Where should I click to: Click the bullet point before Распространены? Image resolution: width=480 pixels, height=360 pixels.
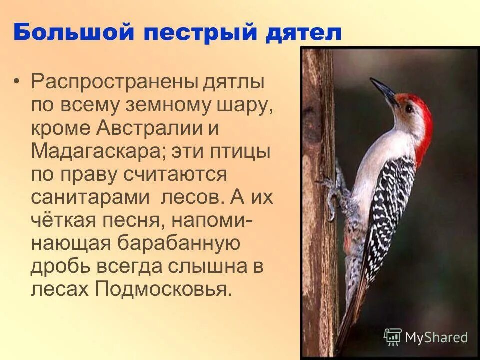pyautogui.click(x=18, y=81)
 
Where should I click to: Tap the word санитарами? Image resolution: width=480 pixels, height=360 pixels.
pyautogui.click(x=90, y=197)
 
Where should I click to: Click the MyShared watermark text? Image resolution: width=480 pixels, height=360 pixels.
pyautogui.click(x=436, y=337)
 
